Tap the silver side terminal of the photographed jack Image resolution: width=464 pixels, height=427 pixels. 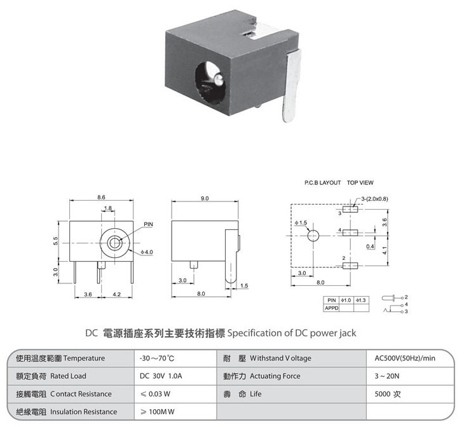point(292,86)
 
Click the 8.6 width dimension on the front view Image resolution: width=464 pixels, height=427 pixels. point(101,198)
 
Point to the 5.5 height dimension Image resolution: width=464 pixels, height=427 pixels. point(56,241)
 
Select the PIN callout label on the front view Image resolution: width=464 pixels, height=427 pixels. point(148,224)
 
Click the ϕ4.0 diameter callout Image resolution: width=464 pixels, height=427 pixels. point(147,252)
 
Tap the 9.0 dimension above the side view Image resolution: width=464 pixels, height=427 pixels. point(205,198)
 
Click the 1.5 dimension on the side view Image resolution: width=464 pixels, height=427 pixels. point(244,286)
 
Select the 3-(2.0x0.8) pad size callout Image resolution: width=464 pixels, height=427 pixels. point(374,199)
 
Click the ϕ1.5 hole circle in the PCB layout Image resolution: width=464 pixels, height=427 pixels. point(313,236)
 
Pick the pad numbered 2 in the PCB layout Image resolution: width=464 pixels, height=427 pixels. point(350,266)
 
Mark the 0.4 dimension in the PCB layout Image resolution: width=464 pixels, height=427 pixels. point(370,246)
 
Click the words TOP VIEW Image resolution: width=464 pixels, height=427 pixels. point(360,183)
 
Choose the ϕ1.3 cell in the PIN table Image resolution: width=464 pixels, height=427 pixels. point(361,301)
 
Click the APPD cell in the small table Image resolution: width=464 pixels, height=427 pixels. point(331,308)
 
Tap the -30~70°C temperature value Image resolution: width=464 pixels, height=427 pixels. point(157,358)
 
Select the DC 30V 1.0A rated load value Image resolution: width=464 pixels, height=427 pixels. point(161,376)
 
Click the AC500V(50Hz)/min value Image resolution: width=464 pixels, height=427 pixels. point(405,358)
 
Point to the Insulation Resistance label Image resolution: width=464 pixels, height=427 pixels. point(83,412)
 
